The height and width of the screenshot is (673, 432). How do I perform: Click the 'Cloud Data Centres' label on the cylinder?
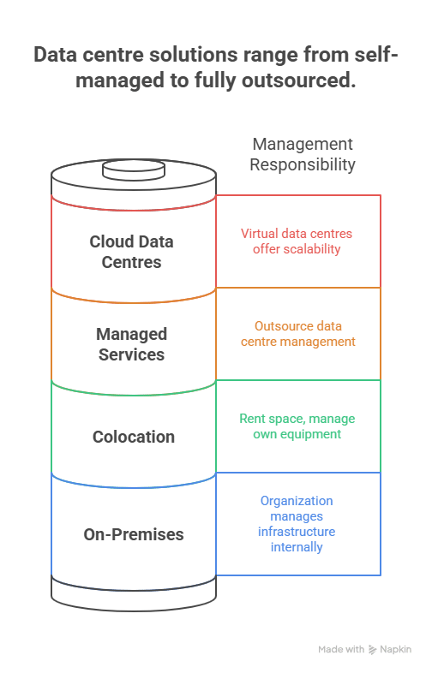[x=131, y=252]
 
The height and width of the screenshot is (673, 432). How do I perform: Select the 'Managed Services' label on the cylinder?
[x=131, y=344]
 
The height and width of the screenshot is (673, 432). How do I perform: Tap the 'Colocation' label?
[x=134, y=437]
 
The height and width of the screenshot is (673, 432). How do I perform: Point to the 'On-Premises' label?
[x=134, y=534]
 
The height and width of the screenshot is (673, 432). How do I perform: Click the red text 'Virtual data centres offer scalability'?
[x=297, y=241]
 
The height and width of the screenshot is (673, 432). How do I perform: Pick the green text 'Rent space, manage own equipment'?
[x=297, y=426]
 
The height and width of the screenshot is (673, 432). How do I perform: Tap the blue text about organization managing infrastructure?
[x=297, y=523]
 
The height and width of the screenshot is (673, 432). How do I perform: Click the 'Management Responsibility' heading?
[x=302, y=154]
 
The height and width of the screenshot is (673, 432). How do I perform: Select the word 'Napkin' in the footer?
[x=395, y=650]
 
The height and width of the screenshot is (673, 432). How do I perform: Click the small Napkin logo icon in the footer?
[x=372, y=650]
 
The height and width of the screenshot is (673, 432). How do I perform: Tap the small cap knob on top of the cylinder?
[x=133, y=169]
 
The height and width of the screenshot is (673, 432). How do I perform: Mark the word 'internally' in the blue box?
[x=297, y=545]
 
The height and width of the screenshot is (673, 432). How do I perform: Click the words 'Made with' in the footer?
[x=341, y=650]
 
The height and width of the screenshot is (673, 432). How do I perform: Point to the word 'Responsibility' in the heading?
[x=302, y=164]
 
